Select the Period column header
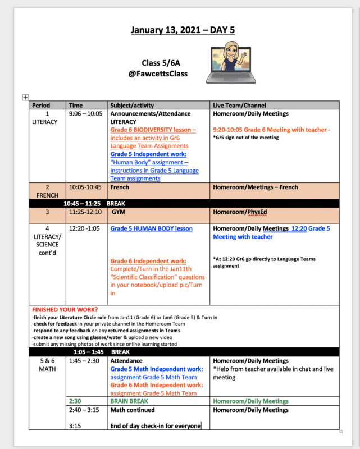[41, 105]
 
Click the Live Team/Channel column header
[239, 105]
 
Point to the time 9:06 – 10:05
[86, 114]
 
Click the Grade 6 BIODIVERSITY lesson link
[153, 130]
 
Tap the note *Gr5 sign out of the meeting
[246, 138]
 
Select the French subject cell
[120, 187]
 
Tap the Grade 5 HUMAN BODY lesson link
[151, 228]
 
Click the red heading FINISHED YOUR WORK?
[65, 310]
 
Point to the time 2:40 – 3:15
[84, 410]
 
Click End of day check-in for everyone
[156, 426]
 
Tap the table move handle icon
[24, 98]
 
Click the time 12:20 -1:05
[85, 228]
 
